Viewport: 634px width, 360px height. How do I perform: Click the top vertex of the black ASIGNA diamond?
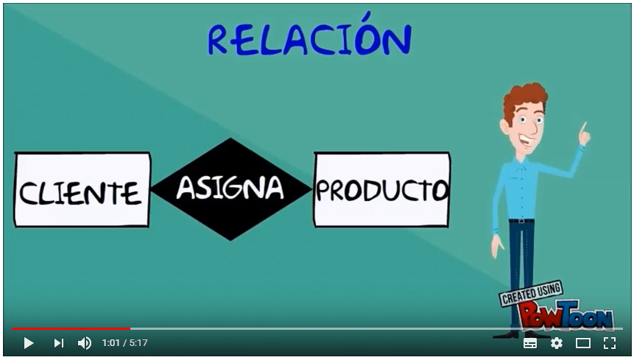(230, 138)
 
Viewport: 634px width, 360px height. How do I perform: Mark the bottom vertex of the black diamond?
(230, 241)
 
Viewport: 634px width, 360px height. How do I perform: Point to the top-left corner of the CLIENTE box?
(15, 152)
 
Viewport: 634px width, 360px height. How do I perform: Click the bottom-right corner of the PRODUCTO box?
(448, 226)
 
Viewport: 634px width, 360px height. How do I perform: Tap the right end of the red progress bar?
(130, 329)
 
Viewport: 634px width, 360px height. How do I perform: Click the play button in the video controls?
(28, 343)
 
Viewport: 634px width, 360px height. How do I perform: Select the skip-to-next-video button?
(59, 343)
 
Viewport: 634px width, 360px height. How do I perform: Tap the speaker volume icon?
(85, 343)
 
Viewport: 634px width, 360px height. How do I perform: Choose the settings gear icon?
(557, 343)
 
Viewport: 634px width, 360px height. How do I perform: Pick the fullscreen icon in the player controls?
(610, 343)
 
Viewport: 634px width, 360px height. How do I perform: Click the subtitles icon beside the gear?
(530, 343)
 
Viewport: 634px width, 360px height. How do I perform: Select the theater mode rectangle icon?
(583, 343)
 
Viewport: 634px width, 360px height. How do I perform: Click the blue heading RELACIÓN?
(309, 35)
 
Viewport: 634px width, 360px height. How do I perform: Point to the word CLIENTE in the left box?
(80, 192)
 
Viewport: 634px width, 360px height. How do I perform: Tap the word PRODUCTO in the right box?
(381, 190)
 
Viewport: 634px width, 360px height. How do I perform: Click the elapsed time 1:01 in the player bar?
(110, 343)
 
